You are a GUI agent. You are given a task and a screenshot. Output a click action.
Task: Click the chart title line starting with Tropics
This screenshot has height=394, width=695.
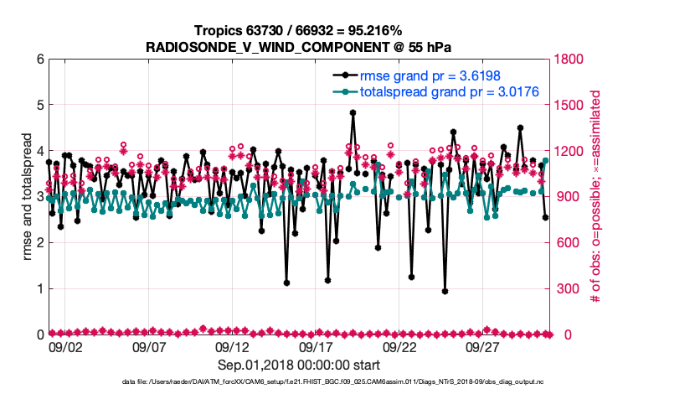(298, 30)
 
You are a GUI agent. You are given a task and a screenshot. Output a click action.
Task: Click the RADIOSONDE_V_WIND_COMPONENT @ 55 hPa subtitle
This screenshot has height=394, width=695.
(298, 46)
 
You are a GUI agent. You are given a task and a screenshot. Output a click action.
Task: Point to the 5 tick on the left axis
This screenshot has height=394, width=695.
(39, 106)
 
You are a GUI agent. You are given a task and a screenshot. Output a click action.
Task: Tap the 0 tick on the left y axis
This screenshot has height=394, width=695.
(39, 334)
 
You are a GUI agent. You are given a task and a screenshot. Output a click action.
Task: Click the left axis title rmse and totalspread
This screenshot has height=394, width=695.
(26, 198)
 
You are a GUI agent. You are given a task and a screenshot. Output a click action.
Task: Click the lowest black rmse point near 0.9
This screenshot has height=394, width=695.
(445, 292)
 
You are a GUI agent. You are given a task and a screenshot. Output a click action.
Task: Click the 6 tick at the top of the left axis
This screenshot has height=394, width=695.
(39, 60)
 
